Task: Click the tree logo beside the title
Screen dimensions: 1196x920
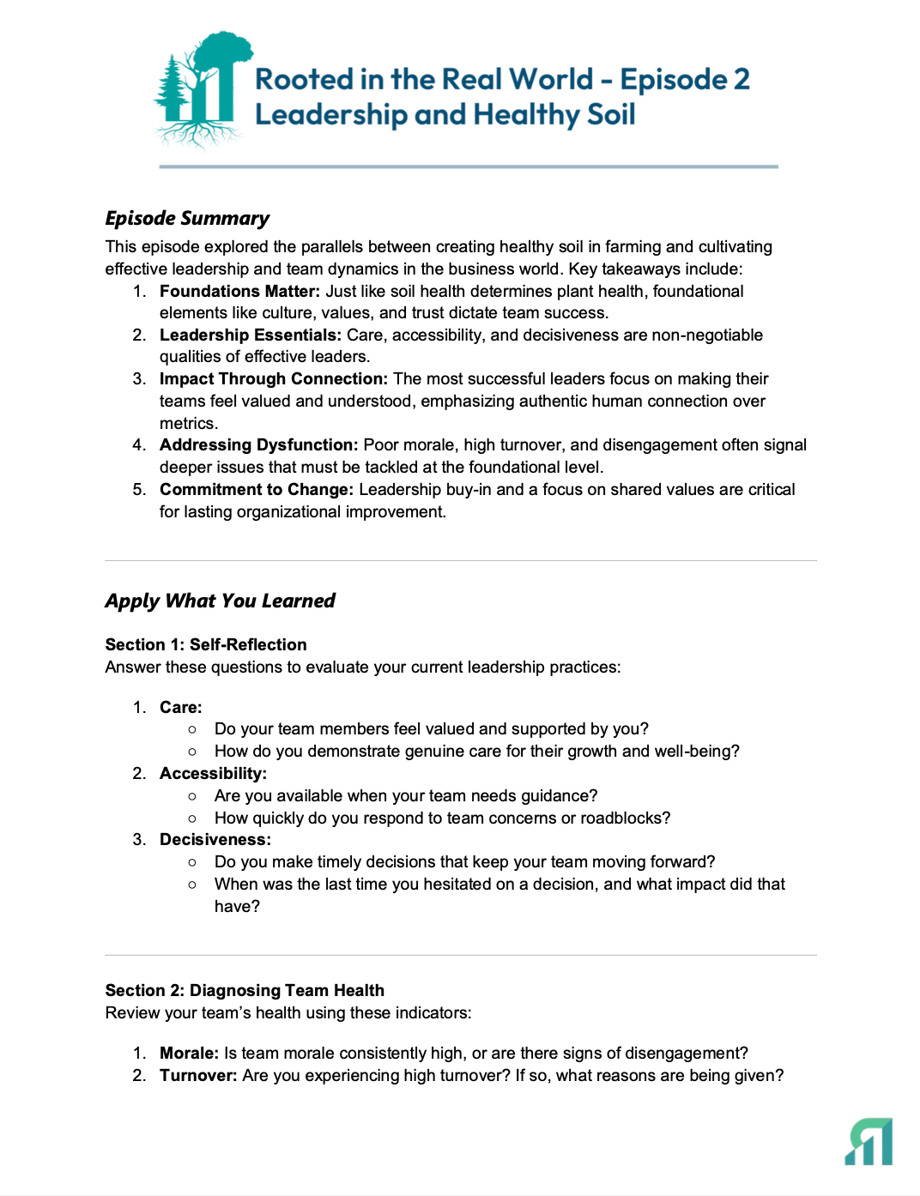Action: click(x=202, y=88)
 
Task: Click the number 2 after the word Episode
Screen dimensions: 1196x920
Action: click(x=741, y=79)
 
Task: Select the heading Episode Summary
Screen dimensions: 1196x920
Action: click(x=187, y=218)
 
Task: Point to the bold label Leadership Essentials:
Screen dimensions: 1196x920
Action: click(x=250, y=335)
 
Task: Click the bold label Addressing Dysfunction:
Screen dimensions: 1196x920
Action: click(x=258, y=444)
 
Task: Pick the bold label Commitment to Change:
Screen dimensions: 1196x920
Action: click(x=256, y=489)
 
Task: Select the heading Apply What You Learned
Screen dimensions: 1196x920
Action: click(x=220, y=601)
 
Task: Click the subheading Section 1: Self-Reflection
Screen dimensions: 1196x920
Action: click(x=206, y=644)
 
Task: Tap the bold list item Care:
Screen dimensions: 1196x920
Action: click(x=180, y=707)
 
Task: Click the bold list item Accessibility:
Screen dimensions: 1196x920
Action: click(x=213, y=773)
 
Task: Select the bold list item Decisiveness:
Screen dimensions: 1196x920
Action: click(x=215, y=839)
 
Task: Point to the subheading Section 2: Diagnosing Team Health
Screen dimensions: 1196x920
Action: click(x=245, y=990)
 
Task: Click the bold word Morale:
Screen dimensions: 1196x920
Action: click(x=189, y=1053)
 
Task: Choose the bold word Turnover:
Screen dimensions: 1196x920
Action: click(x=198, y=1075)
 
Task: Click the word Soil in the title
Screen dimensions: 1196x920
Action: click(x=611, y=114)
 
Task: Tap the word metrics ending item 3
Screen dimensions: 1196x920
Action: click(x=188, y=423)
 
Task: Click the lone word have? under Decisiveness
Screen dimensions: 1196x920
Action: click(x=237, y=906)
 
